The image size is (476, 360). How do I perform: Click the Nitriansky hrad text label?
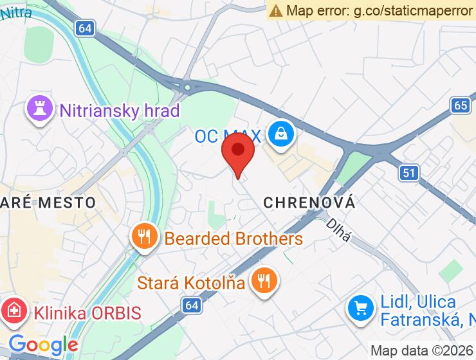(119, 111)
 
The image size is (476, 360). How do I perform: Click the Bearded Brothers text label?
(233, 239)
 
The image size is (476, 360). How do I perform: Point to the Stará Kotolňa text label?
(191, 282)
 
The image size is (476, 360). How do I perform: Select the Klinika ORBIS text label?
(87, 314)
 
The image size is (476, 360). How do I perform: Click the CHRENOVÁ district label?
(309, 203)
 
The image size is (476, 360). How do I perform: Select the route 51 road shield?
(409, 172)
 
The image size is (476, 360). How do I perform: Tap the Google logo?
(43, 345)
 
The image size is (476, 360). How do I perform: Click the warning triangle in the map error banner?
(276, 10)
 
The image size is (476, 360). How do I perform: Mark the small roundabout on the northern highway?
(187, 87)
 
